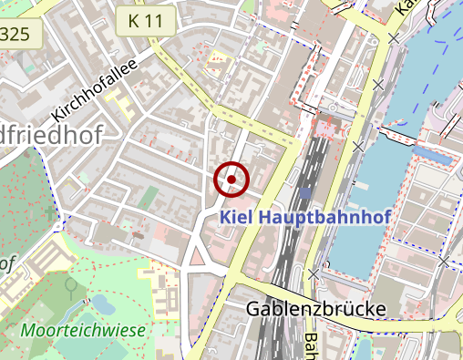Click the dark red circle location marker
coord(231,180)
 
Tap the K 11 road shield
coord(145,19)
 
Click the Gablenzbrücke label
coord(315,309)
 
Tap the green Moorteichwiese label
coord(84,330)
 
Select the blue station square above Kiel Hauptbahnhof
coord(306,192)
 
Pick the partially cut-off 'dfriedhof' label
coord(50,133)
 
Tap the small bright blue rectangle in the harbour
coord(434,157)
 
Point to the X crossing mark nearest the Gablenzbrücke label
coord(314,273)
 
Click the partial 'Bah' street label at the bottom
coord(310,345)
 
